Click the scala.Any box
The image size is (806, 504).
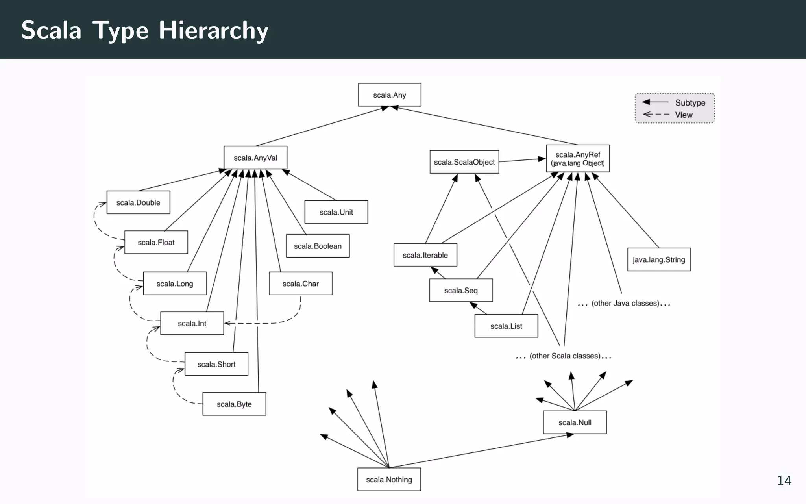pyautogui.click(x=389, y=95)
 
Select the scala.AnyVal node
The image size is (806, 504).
pyautogui.click(x=255, y=158)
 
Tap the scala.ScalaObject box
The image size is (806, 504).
pyautogui.click(x=464, y=162)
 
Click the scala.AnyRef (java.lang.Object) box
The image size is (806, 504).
pyautogui.click(x=578, y=158)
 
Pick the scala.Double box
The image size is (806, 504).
pyautogui.click(x=138, y=202)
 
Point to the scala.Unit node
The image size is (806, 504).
pyautogui.click(x=336, y=212)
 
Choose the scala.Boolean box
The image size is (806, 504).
pyautogui.click(x=318, y=246)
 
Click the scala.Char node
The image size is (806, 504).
pyautogui.click(x=301, y=283)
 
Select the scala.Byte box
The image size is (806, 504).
pyautogui.click(x=234, y=404)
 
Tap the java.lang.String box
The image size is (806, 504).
pyautogui.click(x=659, y=259)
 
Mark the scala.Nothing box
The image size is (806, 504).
pyautogui.click(x=389, y=480)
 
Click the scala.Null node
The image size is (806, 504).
pyautogui.click(x=575, y=422)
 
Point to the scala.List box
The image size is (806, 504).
pyautogui.click(x=506, y=326)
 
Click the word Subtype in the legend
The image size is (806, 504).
pyautogui.click(x=690, y=103)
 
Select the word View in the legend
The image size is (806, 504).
pyautogui.click(x=684, y=115)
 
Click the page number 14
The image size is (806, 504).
pyautogui.click(x=784, y=480)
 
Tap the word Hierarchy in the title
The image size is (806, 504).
pyautogui.click(x=213, y=31)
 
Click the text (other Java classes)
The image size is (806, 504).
pyautogui.click(x=625, y=303)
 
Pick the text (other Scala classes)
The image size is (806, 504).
pyautogui.click(x=565, y=356)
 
